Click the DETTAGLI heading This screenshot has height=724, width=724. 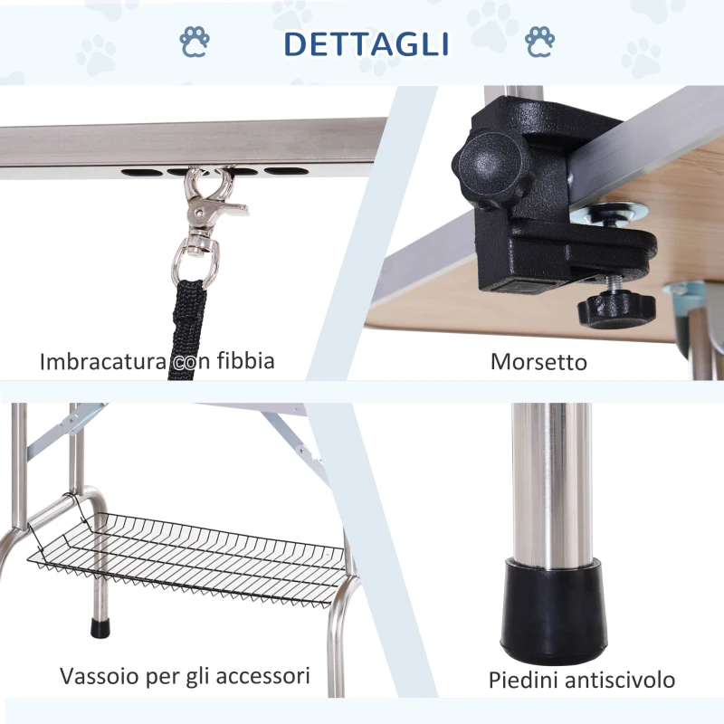click(x=367, y=43)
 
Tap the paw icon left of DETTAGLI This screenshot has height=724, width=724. click(x=195, y=42)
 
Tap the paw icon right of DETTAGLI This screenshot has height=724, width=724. click(x=539, y=42)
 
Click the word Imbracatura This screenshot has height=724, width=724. click(x=102, y=361)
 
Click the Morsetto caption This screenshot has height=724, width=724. click(x=538, y=361)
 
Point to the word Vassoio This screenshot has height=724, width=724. click(x=100, y=676)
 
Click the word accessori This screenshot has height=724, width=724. click(x=262, y=676)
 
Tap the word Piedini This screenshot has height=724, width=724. click(x=524, y=681)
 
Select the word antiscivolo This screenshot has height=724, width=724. click(x=620, y=681)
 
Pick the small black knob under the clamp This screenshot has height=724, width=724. click(x=616, y=308)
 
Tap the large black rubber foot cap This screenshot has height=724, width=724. click(x=554, y=609)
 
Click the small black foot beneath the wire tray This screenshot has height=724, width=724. click(x=100, y=627)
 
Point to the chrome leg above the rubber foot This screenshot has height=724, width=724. click(x=552, y=485)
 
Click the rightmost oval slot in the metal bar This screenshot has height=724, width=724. click(x=286, y=171)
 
